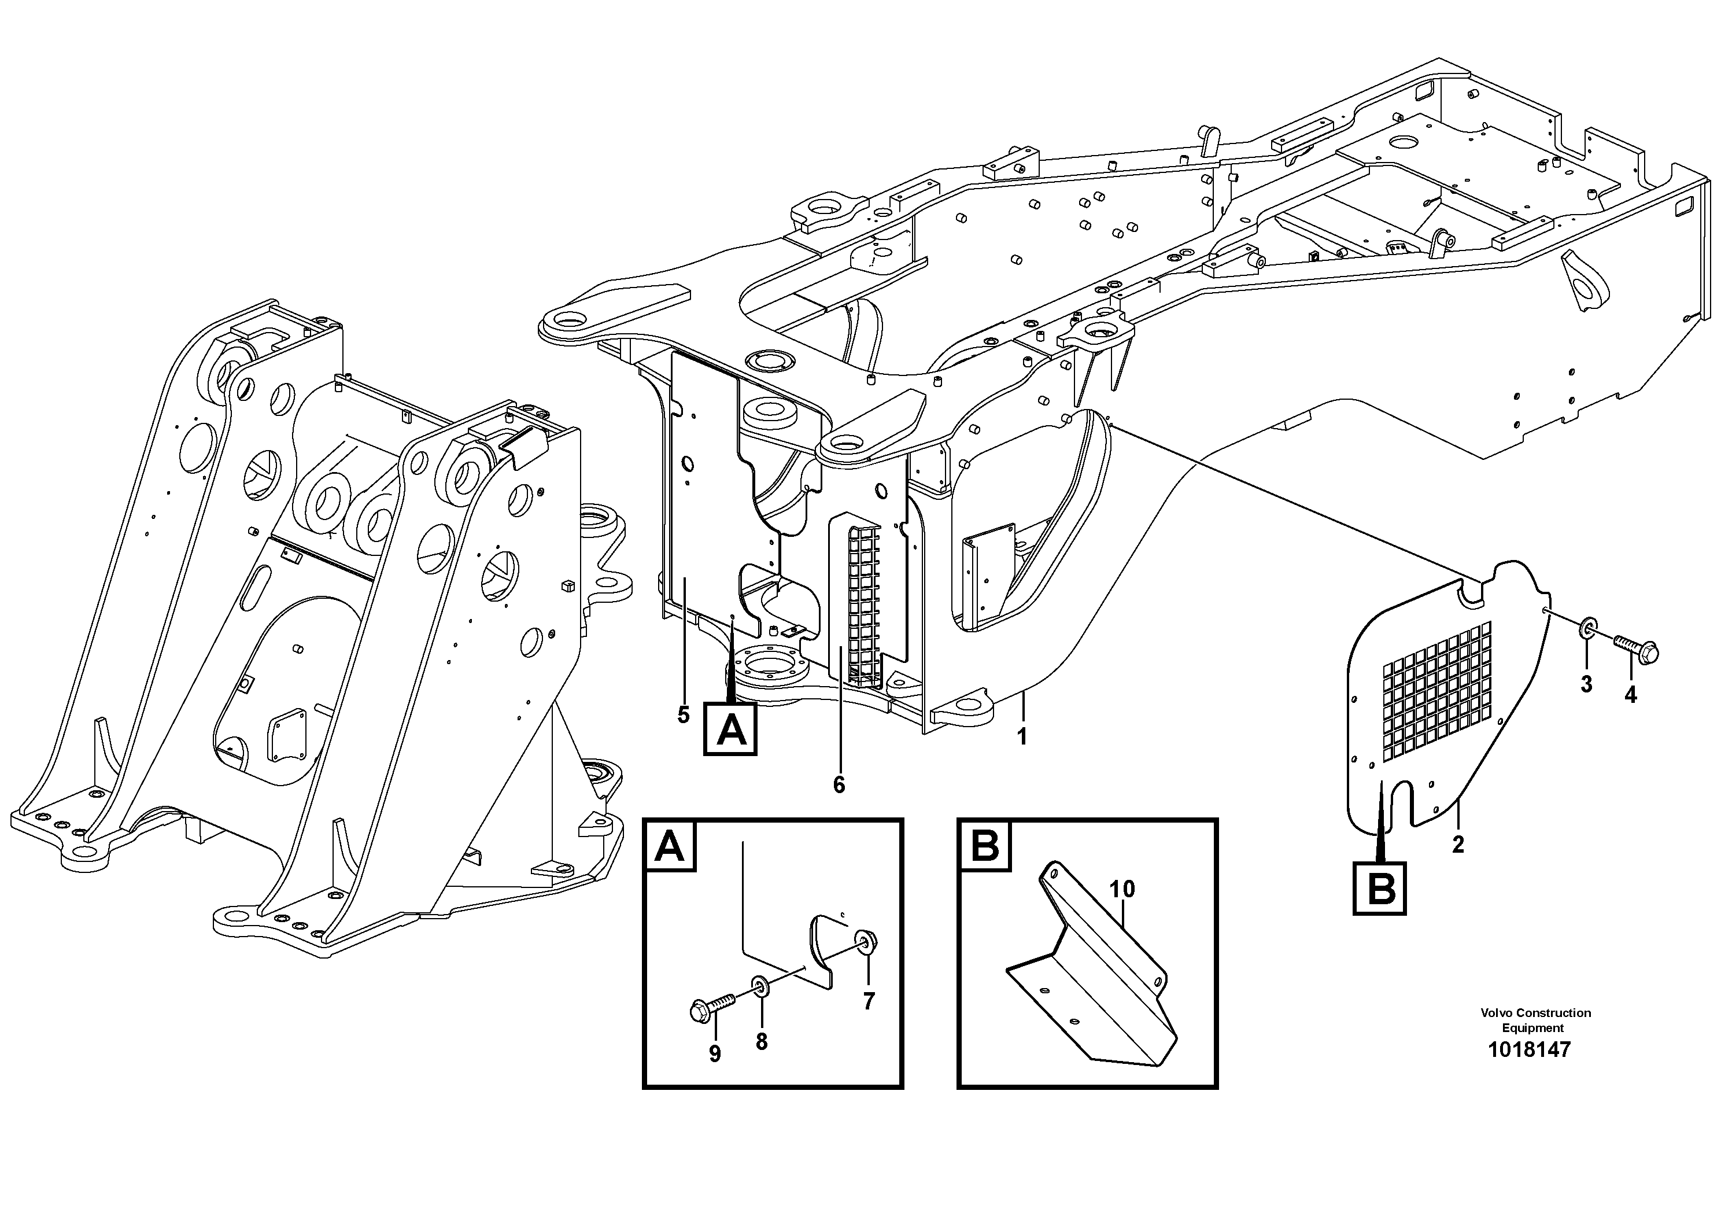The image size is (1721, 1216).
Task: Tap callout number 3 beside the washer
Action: [x=1586, y=684]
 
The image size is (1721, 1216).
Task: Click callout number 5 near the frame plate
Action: [x=683, y=715]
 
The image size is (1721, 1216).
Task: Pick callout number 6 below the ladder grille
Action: [x=839, y=785]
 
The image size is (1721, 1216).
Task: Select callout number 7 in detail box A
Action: [x=868, y=1001]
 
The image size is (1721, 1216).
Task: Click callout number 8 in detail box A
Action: [x=762, y=1042]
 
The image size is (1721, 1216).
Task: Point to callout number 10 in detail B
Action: [x=1122, y=890]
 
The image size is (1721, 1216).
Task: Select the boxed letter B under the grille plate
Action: [x=1379, y=889]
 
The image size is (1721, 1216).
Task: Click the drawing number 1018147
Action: [x=1529, y=1049]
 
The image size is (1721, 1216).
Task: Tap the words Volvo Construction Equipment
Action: [x=1535, y=1020]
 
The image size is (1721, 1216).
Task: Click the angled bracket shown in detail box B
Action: [x=1094, y=975]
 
